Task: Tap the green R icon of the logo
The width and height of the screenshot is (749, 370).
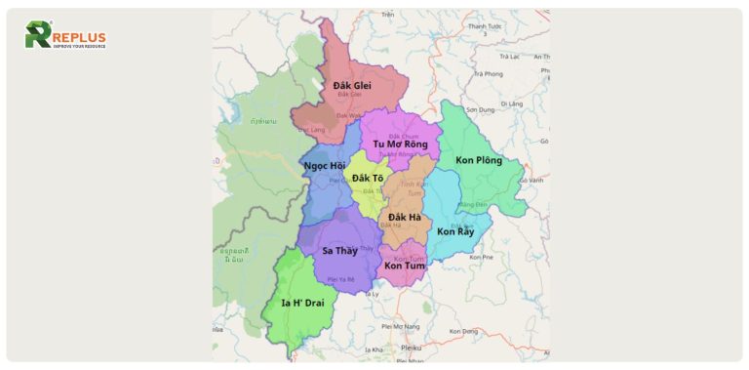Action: pos(38,35)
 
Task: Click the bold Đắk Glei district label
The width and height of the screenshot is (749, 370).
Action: pos(352,85)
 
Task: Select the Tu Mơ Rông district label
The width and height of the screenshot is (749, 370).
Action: pos(400,144)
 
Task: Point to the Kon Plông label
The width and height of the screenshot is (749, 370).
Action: pos(479,160)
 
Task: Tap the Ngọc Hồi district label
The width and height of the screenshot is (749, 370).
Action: pos(324,166)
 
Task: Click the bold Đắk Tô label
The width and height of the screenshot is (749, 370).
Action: pos(368,178)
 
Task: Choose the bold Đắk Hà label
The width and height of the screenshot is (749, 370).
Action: pos(404,217)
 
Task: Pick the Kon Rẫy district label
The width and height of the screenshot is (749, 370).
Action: pos(455,231)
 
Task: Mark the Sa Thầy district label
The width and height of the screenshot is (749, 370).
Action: pos(340,251)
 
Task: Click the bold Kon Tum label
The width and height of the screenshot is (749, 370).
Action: pos(404,266)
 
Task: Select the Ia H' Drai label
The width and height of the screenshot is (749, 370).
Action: pos(302,303)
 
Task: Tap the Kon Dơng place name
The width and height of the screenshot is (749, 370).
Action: pos(464,332)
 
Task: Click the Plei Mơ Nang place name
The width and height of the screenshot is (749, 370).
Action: pos(400,326)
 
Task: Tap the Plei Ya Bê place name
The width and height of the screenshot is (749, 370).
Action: pos(340,279)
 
